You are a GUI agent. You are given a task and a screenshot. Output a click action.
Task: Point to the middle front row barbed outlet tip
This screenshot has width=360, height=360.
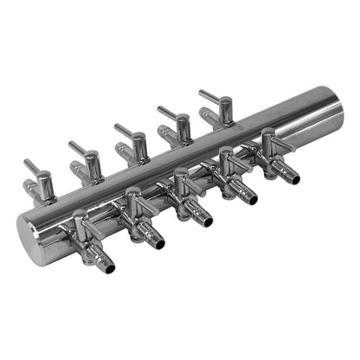tap(205, 221)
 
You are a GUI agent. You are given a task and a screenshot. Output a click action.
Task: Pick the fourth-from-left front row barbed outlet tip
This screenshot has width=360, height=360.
tap(250, 199)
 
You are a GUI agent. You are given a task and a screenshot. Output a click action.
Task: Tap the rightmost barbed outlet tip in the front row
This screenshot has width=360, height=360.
tap(292, 178)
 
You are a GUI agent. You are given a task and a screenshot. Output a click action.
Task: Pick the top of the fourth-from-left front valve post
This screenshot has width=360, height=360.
tap(227, 152)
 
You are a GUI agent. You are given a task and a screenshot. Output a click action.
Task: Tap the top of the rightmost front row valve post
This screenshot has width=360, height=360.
tap(269, 133)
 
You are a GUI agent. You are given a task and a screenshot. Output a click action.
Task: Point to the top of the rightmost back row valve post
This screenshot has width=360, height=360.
tap(225, 102)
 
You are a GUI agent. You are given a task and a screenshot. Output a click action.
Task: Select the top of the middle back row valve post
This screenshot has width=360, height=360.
tap(138, 138)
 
